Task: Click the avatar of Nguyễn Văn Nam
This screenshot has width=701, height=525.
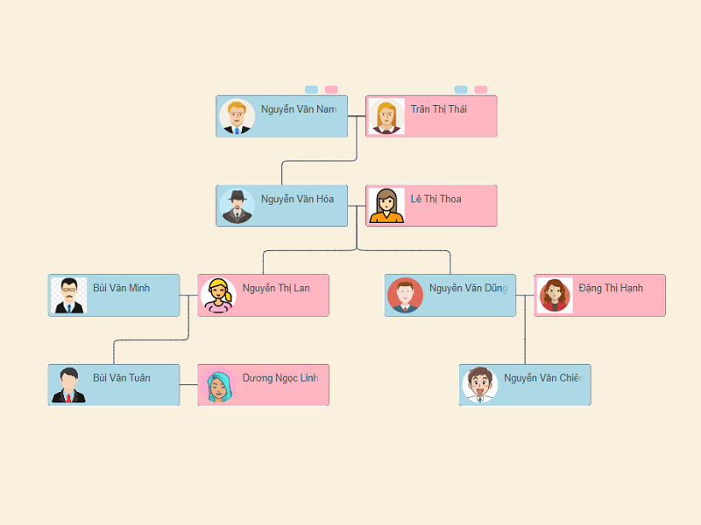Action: (237, 117)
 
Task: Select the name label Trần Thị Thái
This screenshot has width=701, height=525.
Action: (438, 109)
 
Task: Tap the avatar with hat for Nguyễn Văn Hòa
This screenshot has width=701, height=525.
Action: (237, 206)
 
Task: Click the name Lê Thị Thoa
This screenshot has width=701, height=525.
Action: (435, 199)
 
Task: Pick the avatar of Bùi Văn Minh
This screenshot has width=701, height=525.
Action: (68, 296)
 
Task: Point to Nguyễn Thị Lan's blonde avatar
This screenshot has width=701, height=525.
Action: (217, 296)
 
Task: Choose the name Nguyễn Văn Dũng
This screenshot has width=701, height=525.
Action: (468, 288)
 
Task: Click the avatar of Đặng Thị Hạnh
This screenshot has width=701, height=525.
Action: (555, 296)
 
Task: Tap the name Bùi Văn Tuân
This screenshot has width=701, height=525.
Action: (122, 378)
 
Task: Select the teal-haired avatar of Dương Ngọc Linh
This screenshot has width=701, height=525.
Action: (217, 386)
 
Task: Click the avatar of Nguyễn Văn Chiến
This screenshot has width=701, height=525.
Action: (479, 386)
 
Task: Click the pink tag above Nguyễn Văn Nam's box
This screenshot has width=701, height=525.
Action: (331, 89)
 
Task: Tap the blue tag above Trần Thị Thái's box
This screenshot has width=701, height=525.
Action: (461, 89)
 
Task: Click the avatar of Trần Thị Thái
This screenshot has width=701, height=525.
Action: (386, 117)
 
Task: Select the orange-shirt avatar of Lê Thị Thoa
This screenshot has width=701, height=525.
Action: (386, 206)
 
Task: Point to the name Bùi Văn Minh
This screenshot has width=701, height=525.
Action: (122, 288)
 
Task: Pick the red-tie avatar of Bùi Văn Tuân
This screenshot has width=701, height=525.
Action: (68, 386)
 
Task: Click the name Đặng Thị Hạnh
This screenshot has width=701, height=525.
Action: (611, 288)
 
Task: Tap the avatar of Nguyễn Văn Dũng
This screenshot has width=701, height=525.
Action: (405, 296)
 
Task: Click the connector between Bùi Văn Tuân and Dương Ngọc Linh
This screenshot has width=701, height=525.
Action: (188, 385)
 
